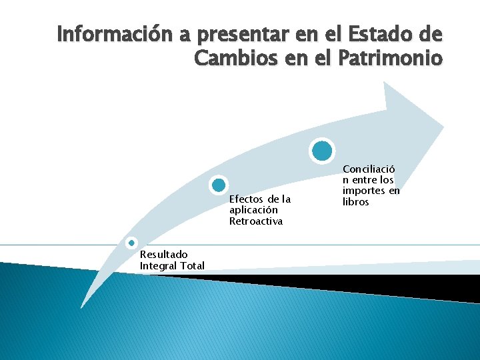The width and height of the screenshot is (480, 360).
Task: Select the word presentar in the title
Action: pos(221,33)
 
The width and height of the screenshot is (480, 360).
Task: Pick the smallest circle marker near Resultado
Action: pos(132,243)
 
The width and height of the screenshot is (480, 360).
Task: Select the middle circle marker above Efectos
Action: pos(218,185)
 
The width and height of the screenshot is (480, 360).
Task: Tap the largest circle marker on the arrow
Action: pos(321,151)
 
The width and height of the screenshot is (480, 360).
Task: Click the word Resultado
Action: pos(163,254)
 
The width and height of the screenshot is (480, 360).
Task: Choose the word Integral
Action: pos(158,266)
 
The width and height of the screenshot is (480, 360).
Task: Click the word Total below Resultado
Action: pos(192,266)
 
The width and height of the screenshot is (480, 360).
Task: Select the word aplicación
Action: pos(253,210)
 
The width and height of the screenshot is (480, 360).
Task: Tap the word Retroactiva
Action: pos(256,221)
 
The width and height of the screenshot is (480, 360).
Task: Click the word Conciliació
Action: pos(369,169)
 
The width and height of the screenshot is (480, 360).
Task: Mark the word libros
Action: pos(355,202)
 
